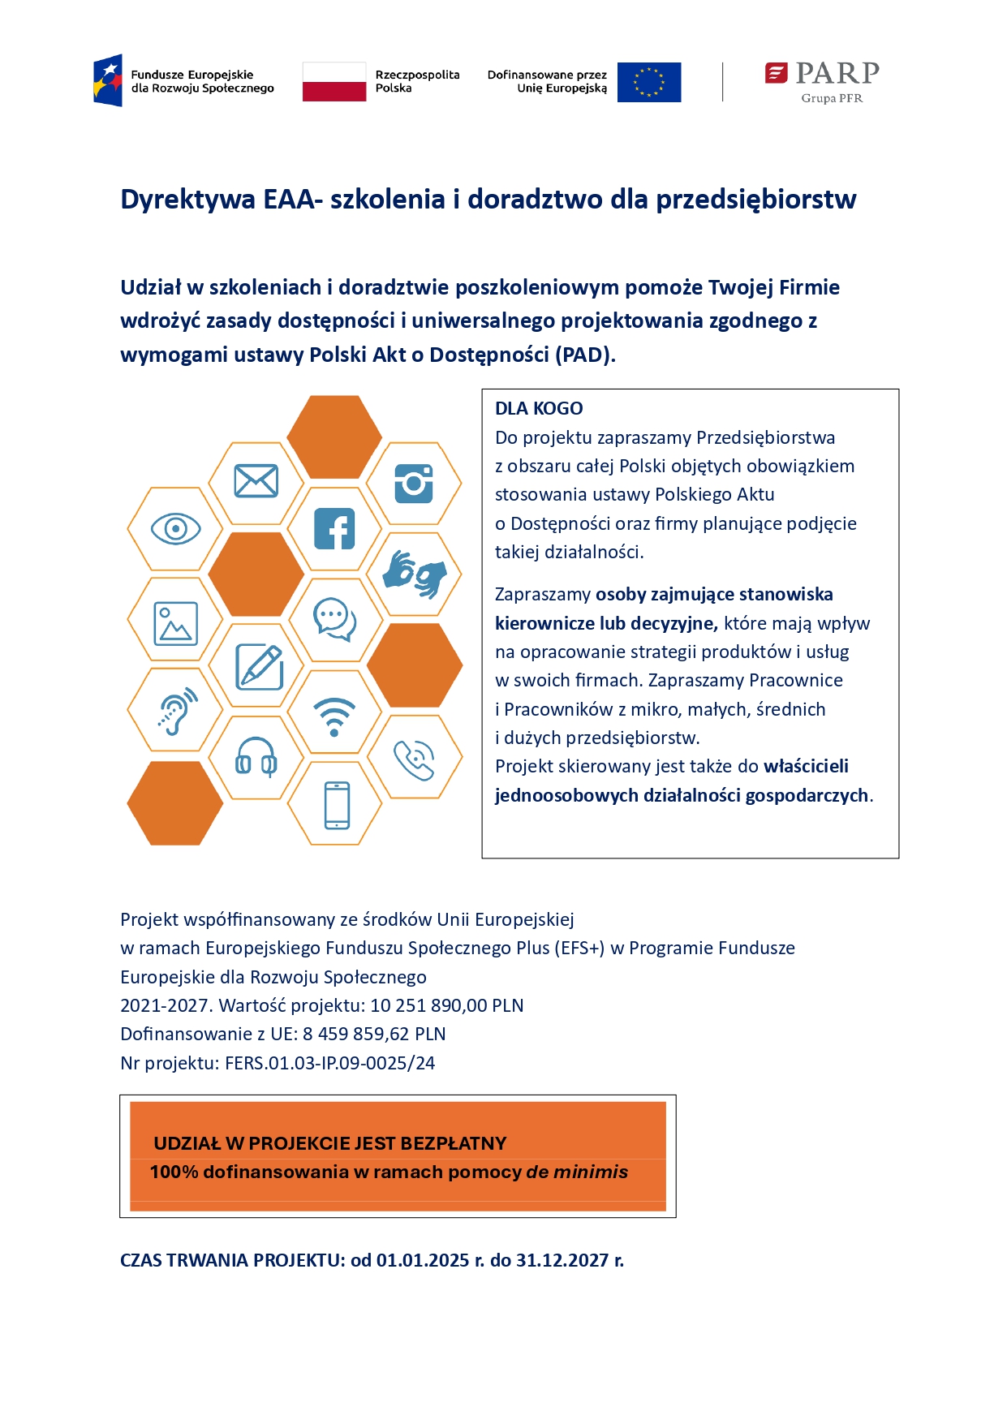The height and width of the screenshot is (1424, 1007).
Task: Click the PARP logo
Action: pyautogui.click(x=822, y=81)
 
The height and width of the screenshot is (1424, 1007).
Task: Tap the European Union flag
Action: pyautogui.click(x=648, y=82)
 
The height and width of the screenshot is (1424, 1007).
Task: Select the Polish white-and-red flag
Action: pyautogui.click(x=334, y=82)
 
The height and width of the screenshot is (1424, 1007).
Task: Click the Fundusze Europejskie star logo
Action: pyautogui.click(x=108, y=80)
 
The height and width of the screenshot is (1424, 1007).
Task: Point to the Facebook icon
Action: pyautogui.click(x=334, y=529)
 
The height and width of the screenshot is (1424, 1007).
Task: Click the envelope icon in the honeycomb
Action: pyautogui.click(x=256, y=481)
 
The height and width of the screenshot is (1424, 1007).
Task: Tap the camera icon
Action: pyautogui.click(x=414, y=484)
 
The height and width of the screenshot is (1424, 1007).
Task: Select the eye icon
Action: pyautogui.click(x=175, y=529)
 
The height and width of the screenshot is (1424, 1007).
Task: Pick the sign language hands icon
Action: pyautogui.click(x=414, y=574)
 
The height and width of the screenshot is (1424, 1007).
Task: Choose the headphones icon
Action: pyautogui.click(x=256, y=757)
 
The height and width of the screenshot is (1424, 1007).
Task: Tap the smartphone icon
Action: pyautogui.click(x=336, y=805)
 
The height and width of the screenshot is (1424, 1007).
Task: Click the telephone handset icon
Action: pyautogui.click(x=414, y=760)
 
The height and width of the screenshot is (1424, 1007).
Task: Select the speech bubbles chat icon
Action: pyautogui.click(x=334, y=620)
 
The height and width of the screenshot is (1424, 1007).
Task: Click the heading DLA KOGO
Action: pyautogui.click(x=539, y=408)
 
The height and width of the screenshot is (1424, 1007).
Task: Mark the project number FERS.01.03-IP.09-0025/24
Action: pyautogui.click(x=329, y=1063)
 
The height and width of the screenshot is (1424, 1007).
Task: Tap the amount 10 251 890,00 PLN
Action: pyautogui.click(x=446, y=1005)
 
